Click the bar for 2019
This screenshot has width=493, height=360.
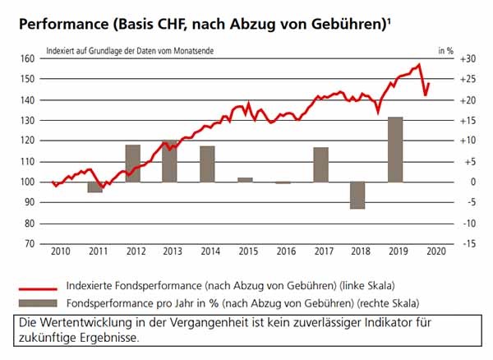(x=394, y=150)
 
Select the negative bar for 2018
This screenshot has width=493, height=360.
(x=357, y=195)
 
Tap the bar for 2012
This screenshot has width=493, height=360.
(x=132, y=163)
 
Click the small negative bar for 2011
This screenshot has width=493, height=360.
(x=94, y=187)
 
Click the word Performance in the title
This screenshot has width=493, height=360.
(x=60, y=25)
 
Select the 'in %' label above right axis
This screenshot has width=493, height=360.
(x=445, y=50)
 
